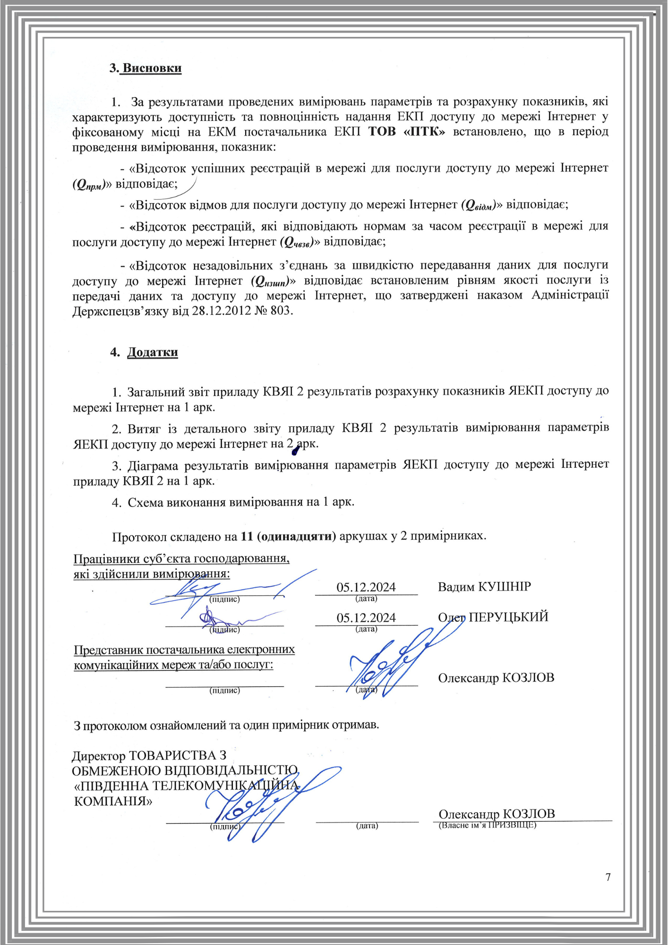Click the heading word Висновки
coord(152,68)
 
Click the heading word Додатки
coord(153,352)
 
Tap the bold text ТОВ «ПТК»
coord(406,131)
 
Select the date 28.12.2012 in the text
coord(222,311)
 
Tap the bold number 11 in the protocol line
coord(247,536)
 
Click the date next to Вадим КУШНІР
coord(366,587)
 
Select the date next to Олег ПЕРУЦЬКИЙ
coord(366,618)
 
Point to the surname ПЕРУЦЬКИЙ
coord(508,617)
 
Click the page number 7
coord(608,877)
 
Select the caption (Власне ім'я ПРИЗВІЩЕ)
coord(488,825)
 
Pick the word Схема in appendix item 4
coord(146,502)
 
